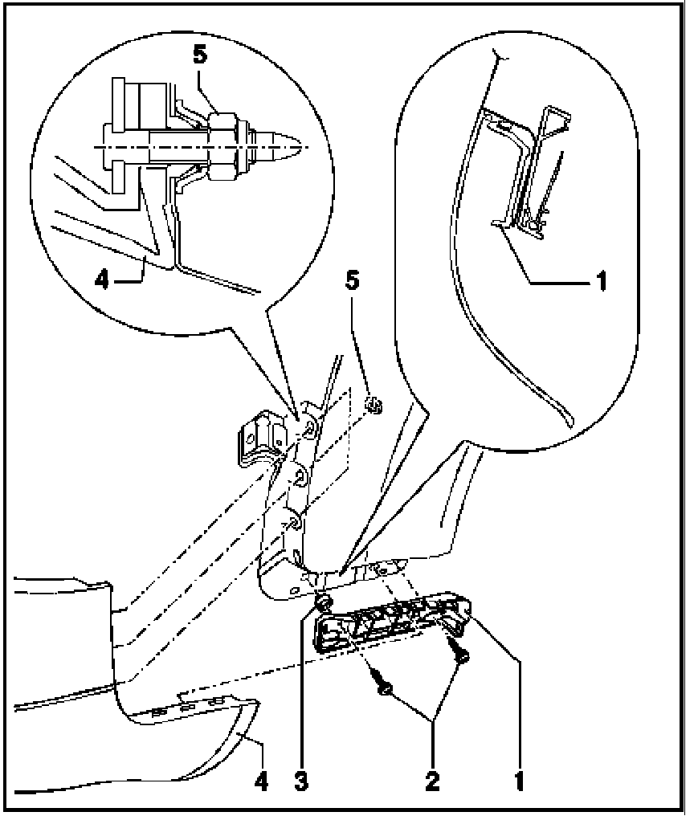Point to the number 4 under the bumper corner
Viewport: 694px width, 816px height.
pyautogui.click(x=261, y=778)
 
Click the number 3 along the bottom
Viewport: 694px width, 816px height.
pyautogui.click(x=300, y=778)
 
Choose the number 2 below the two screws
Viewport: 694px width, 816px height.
pyautogui.click(x=433, y=778)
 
